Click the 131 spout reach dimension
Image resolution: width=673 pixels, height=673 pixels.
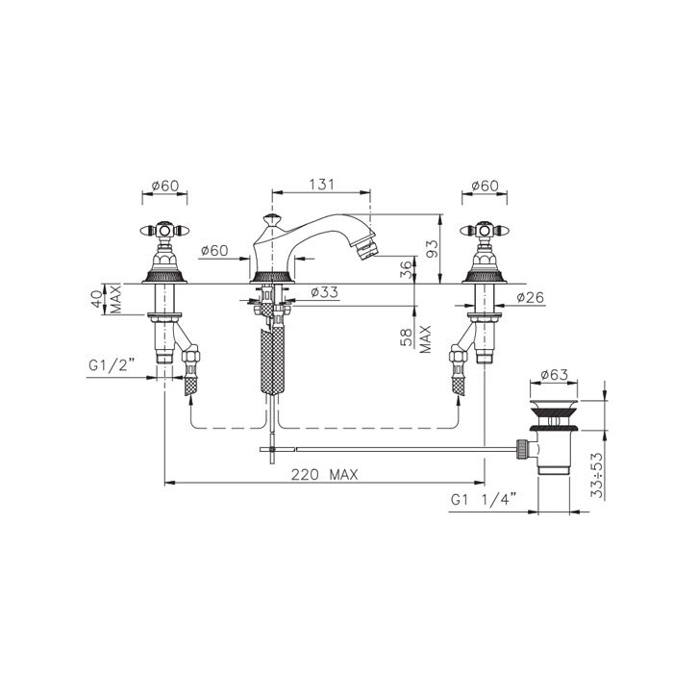tap(321, 185)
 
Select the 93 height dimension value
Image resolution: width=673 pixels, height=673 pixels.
tap(433, 249)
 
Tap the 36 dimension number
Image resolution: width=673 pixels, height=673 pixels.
tap(406, 269)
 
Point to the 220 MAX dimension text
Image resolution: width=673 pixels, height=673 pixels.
tap(325, 475)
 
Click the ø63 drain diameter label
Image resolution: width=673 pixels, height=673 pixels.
tap(554, 374)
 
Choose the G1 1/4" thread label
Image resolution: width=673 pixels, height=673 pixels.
tap(484, 499)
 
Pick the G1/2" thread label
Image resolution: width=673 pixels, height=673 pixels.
tap(112, 364)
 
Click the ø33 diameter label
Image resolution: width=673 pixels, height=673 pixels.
tap(325, 292)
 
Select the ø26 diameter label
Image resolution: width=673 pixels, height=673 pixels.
tap(530, 297)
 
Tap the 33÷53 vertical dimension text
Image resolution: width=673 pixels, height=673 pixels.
tap(597, 475)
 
